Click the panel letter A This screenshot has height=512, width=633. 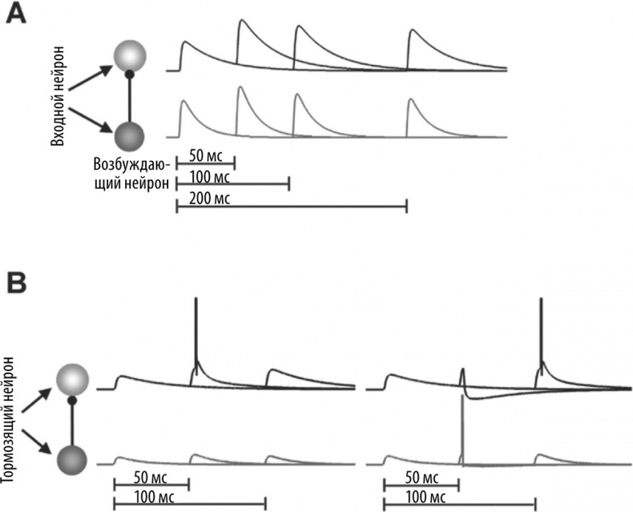[x=18, y=15]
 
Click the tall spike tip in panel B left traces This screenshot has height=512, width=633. [x=196, y=300]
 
